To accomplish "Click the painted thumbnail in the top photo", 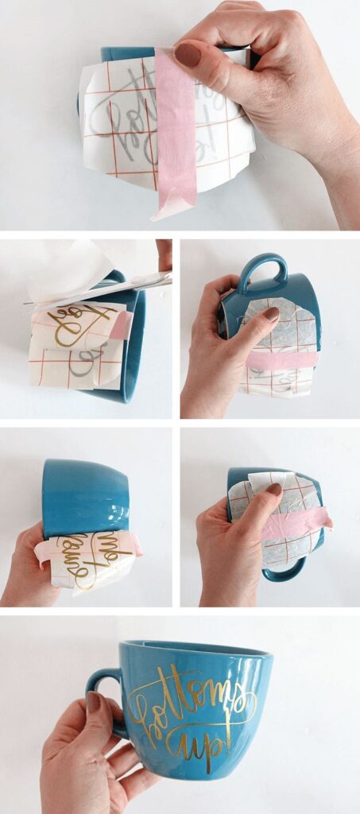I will pyautogui.click(x=188, y=55).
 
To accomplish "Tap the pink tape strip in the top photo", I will pyautogui.click(x=175, y=135).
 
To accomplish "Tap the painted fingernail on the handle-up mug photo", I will pyautogui.click(x=271, y=314).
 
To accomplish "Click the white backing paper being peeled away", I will pyautogui.click(x=72, y=270).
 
